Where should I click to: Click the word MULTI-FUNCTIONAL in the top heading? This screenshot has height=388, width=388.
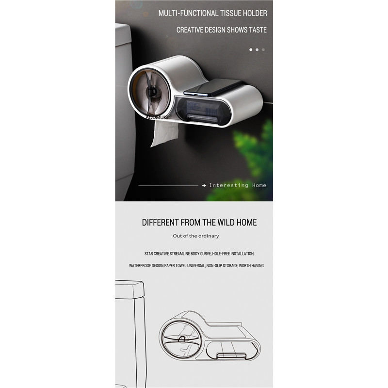coord(188,13)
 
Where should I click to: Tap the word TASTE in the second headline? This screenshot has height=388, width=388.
coord(258,30)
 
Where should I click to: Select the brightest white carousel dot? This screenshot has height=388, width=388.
coord(251,50)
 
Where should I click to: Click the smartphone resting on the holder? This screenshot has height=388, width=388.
coord(212,88)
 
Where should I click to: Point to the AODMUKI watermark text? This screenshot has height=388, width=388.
coord(157,117)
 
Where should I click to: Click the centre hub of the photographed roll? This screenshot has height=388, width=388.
coord(151,92)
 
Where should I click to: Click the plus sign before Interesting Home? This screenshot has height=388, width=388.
coord(204,185)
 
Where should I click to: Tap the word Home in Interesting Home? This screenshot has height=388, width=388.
coord(259,185)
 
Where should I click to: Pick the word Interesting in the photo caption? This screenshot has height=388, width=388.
coord(228,185)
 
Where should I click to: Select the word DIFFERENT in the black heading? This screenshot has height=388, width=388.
coord(161,222)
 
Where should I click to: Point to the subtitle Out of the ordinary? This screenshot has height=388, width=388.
coord(196,236)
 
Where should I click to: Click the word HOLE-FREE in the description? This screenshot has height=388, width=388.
coord(221,254)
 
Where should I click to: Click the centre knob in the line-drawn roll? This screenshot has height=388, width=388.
coord(182,339)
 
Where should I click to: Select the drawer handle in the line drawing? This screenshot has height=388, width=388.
coord(232,356)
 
